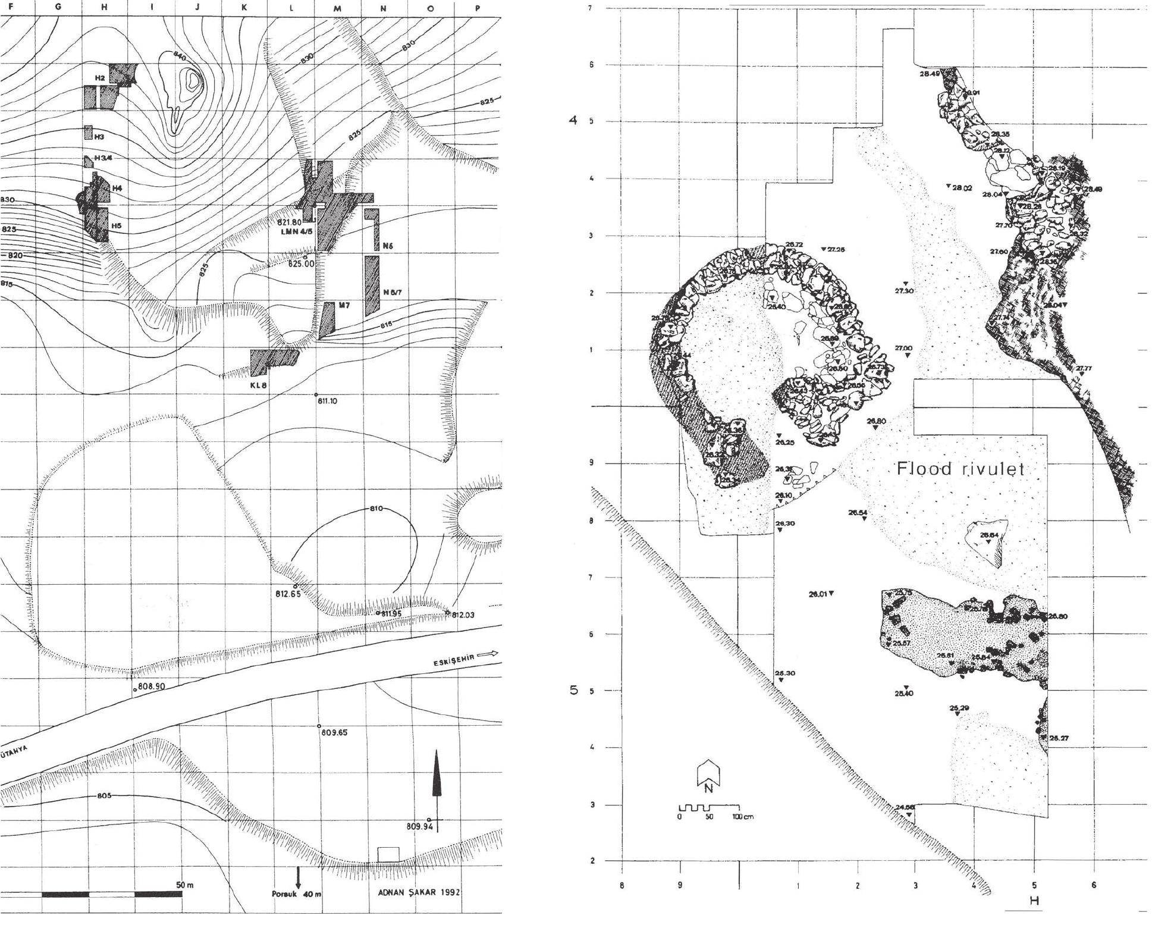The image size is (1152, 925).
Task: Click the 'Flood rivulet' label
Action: tap(960, 469)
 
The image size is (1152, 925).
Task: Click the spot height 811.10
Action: tap(328, 402)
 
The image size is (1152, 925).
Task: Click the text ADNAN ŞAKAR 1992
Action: tap(419, 892)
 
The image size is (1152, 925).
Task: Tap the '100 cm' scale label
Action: tap(742, 817)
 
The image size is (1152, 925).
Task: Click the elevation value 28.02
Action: tap(961, 188)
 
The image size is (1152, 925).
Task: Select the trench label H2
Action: tap(101, 79)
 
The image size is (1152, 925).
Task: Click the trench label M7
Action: tap(344, 305)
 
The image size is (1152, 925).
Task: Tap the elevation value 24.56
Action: tap(905, 807)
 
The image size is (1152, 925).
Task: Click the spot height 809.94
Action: tap(418, 826)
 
